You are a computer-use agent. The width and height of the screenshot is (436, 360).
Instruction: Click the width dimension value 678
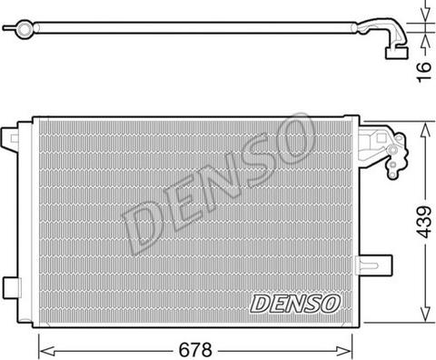195,350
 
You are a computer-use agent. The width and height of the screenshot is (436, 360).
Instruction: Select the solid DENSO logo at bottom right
295,304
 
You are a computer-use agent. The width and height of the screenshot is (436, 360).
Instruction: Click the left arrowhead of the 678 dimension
47,351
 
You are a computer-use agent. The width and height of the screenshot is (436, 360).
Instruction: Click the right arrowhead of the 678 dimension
344,351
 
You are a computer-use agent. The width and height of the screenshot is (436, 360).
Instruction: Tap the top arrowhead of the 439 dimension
426,130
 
